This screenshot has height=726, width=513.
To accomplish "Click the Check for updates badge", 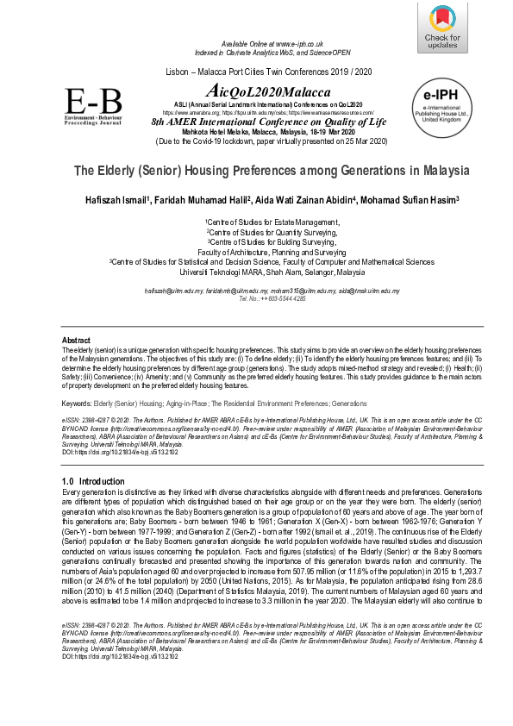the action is tap(442, 29).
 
